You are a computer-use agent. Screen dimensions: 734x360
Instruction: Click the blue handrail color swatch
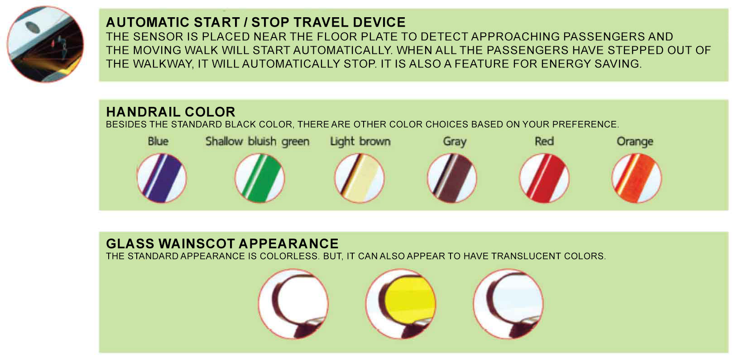pos(162,178)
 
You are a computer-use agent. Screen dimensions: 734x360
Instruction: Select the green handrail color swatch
pos(259,178)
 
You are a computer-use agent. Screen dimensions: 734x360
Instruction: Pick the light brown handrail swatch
pos(359,178)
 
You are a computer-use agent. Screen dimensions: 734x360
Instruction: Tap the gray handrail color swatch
pos(452,178)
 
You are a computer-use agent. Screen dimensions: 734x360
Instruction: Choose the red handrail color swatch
pos(544,178)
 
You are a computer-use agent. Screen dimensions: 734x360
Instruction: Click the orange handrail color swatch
pos(637,178)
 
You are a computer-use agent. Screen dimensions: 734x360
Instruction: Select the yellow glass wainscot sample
pos(401,304)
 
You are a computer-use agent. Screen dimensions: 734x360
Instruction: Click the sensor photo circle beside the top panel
pos(45,44)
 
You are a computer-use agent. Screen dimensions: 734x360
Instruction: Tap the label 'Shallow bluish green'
pos(257,142)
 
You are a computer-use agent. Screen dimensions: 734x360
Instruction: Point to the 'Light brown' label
pos(360,142)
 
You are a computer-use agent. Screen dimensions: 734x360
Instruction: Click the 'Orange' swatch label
pos(635,142)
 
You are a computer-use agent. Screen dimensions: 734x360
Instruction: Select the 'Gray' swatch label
pos(455,142)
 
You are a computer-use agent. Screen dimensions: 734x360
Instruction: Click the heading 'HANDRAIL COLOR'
pos(171,112)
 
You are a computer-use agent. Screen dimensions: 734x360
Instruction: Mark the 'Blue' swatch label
pos(158,142)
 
